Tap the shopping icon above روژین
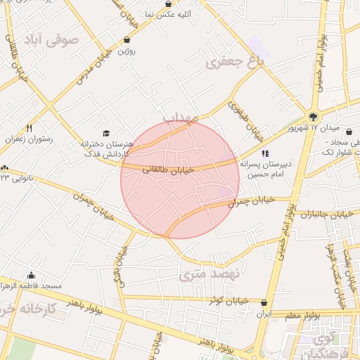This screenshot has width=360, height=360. pos(127,40)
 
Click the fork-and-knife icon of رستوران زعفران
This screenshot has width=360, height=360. pos(29,128)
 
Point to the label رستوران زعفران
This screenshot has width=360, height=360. pos(29,139)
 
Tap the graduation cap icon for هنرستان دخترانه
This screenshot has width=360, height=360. pos(106,133)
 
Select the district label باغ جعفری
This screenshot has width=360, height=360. pos(234,63)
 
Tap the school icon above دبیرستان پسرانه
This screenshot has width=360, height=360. pos(264,153)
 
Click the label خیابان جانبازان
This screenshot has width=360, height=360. pos(324,214)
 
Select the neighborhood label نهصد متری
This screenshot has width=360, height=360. pos(210,273)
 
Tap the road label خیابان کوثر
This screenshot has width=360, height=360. pos(229,300)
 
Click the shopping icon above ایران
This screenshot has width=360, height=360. pos(264,303)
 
